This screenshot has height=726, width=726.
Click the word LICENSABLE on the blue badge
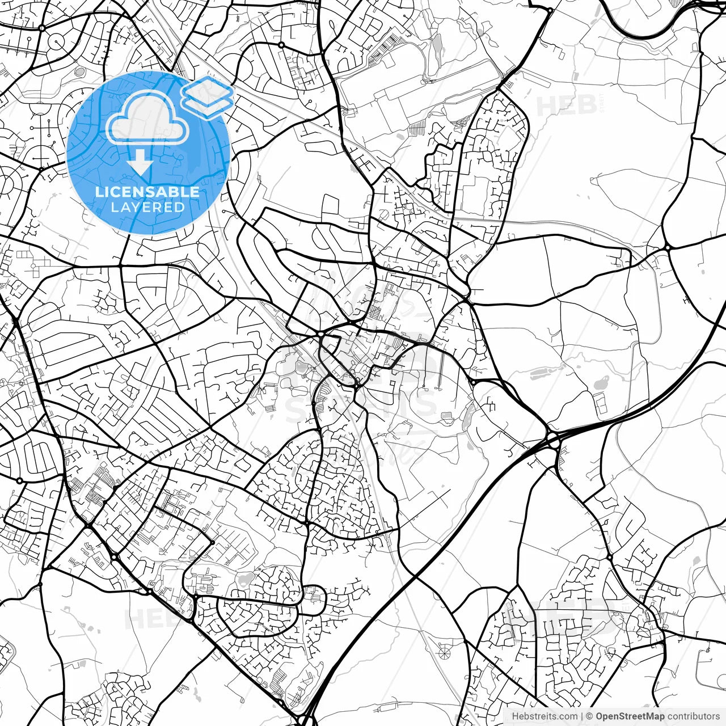pos(147,192)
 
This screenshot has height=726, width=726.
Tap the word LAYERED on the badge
pos(147,207)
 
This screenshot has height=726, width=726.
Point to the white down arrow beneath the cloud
pos(140,165)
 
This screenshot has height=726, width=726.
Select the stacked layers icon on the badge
pos(208,97)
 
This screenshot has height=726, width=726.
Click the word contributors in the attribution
pos(694,716)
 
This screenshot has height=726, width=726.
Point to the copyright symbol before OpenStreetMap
pos(590,716)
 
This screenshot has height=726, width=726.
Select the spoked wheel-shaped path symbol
pos(444,653)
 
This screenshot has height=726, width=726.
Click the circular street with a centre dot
pos(57,41)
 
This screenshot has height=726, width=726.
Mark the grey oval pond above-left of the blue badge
pos(80,71)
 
